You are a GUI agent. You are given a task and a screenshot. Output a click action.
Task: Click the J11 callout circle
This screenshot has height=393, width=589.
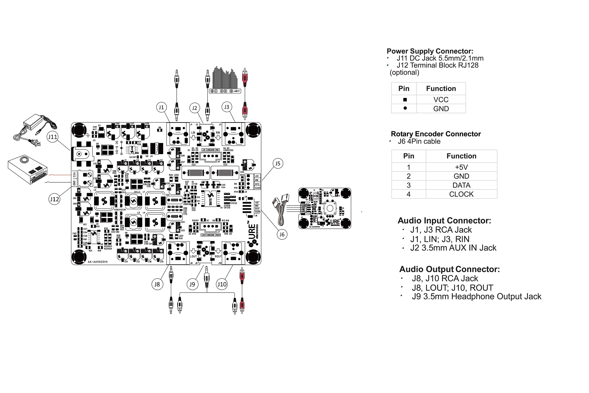click(x=53, y=137)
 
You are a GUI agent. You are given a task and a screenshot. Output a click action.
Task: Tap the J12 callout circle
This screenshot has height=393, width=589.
click(x=54, y=199)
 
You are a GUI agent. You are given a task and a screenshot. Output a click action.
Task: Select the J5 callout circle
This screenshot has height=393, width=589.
click(x=278, y=163)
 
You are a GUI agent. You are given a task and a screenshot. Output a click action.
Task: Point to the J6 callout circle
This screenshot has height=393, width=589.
click(x=282, y=235)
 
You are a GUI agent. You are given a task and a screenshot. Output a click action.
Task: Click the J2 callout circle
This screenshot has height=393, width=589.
click(x=194, y=108)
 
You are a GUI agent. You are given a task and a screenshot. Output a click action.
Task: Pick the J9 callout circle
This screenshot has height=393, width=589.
click(x=192, y=284)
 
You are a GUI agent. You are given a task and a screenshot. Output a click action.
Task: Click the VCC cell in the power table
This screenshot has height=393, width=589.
click(x=441, y=100)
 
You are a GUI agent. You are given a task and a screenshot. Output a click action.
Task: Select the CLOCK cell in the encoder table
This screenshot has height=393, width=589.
click(x=461, y=194)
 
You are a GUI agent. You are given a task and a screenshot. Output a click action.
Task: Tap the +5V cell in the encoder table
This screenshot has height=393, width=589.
click(x=461, y=167)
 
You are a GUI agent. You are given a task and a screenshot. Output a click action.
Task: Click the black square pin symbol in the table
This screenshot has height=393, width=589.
click(x=405, y=100)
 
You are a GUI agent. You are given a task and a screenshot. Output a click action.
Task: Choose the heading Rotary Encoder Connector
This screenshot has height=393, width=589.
click(x=436, y=134)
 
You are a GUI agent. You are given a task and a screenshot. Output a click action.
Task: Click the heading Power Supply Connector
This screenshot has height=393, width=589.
click(x=430, y=51)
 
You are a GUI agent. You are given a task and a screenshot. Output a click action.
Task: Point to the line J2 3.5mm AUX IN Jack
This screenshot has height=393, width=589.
click(x=453, y=248)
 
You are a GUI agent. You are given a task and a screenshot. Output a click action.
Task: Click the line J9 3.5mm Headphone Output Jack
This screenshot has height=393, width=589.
click(x=476, y=297)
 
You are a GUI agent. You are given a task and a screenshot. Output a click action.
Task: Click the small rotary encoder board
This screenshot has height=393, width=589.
click(x=325, y=208)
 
